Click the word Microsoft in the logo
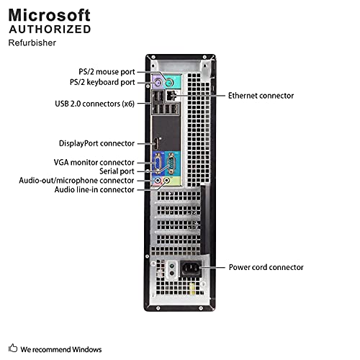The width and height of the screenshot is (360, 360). coord(50,15)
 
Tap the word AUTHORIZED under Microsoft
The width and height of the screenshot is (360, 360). coord(50,30)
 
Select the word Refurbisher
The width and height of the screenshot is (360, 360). coord(32,42)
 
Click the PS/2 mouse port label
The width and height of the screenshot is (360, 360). coord(107,72)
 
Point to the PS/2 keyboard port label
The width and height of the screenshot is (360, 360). coord(102,82)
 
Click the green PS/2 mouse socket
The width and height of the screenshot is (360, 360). coord(169,84)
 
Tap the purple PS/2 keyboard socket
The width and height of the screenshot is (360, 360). coord(158,84)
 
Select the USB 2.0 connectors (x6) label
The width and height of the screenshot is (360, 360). coord(94,104)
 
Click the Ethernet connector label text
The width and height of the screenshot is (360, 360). coord(261,96)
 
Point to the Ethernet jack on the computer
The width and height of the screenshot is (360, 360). coord(171,96)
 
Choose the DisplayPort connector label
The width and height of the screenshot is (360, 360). coord(96,143)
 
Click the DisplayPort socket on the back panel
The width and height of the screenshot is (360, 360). coord(156,144)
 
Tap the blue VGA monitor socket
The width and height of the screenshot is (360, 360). coord(158,163)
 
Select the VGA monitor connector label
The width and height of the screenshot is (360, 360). coord(94,162)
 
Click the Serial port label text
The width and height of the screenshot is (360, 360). coord(117,171)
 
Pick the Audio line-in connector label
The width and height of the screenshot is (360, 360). coord(94,189)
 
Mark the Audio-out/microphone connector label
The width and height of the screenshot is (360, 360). coord(76,181)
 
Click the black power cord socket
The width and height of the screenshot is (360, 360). coord(190,268)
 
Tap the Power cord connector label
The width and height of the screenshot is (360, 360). coord(266,267)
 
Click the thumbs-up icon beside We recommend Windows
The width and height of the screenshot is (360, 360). coord(13,348)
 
